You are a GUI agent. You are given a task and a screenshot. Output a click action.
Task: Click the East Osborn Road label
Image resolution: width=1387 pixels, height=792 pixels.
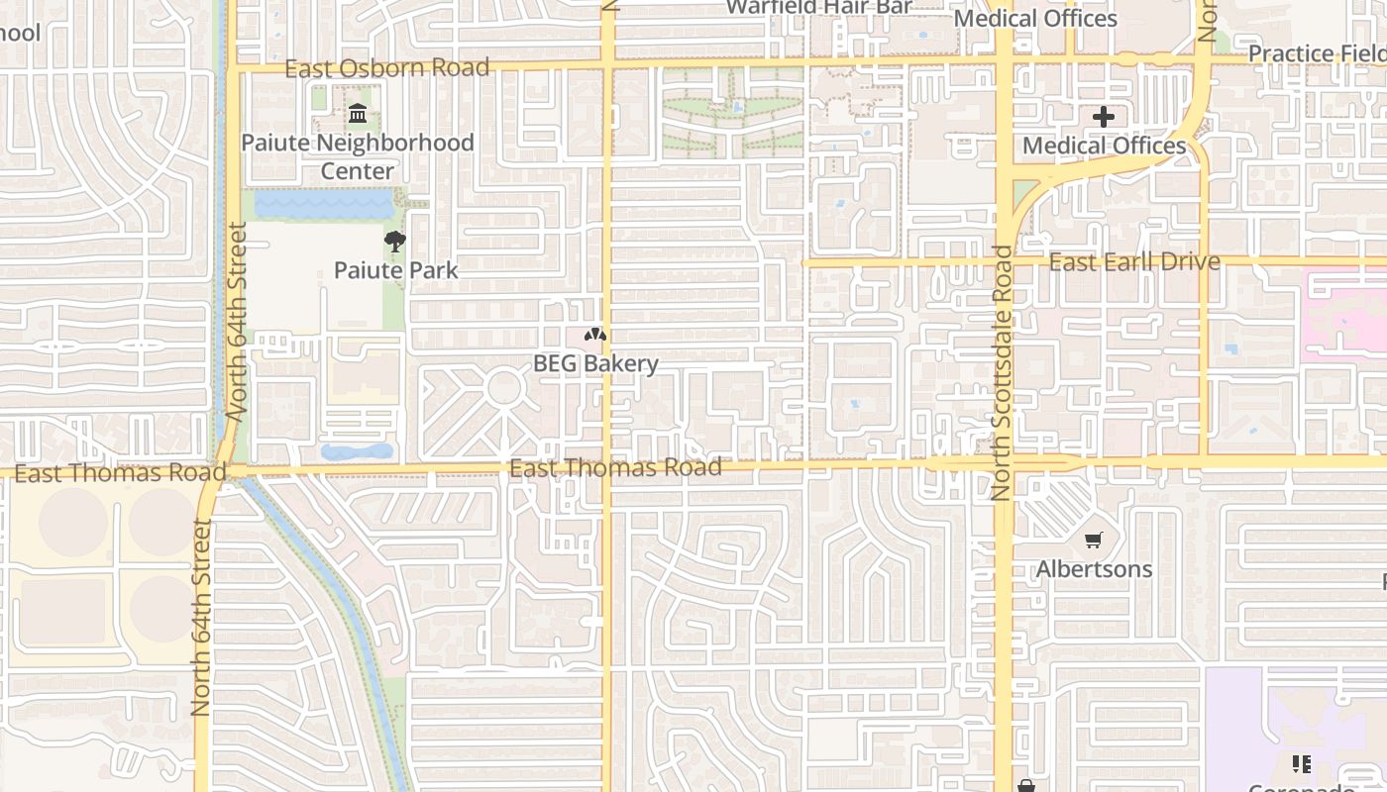(x=387, y=68)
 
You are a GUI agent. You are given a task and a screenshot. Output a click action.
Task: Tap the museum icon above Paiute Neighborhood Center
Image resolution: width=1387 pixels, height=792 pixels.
(x=357, y=115)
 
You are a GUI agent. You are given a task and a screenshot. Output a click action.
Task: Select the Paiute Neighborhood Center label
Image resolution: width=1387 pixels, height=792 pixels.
(x=358, y=156)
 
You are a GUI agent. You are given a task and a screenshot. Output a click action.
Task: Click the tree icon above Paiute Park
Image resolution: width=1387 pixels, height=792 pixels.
(x=395, y=241)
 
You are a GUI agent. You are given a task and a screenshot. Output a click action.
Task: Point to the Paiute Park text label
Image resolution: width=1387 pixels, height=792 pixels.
(x=395, y=270)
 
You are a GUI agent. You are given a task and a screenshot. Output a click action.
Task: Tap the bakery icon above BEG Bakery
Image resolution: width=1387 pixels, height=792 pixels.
(x=594, y=336)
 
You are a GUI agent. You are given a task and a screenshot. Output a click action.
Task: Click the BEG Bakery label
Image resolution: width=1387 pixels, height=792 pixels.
(x=595, y=363)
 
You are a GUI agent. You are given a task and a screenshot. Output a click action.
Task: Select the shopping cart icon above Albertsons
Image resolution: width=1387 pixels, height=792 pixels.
(x=1094, y=541)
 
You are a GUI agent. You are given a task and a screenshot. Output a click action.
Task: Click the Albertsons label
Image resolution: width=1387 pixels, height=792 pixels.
(x=1094, y=569)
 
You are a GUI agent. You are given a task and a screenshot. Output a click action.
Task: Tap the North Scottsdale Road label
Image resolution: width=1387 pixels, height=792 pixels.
(x=1002, y=372)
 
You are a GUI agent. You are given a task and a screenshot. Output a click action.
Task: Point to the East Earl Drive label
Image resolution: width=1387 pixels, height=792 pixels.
(x=1133, y=262)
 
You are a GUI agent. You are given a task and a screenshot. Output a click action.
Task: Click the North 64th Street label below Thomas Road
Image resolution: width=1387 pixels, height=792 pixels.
(x=202, y=618)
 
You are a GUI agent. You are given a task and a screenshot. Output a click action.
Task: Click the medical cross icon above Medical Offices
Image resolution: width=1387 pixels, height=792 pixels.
(x=1104, y=117)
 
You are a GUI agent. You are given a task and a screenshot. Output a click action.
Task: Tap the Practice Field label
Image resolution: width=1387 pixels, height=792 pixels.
(x=1317, y=53)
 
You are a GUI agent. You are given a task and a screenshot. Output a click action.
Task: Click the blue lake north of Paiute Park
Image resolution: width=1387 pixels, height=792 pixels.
(x=324, y=205)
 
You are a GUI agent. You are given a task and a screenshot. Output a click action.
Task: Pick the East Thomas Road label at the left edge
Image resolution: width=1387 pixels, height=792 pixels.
(x=106, y=473)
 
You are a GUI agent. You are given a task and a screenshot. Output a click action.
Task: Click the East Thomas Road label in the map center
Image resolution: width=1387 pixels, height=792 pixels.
(x=615, y=467)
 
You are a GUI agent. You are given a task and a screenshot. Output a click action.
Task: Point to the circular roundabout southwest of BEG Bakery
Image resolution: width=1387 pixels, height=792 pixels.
(x=504, y=387)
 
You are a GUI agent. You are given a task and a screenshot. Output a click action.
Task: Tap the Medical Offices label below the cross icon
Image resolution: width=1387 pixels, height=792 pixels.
(x=1104, y=147)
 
